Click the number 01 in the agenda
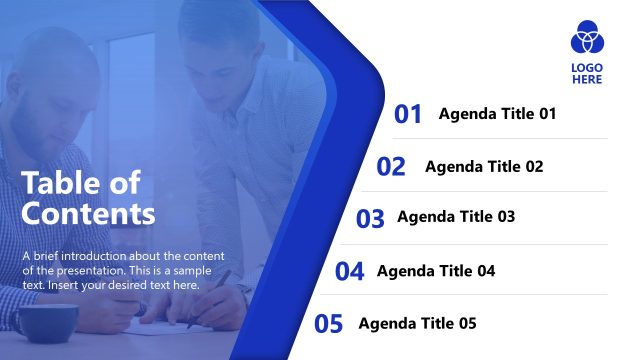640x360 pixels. point(408,114)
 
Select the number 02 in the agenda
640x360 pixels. point(391,167)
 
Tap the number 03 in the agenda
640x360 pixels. point(370,218)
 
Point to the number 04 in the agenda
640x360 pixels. point(349,271)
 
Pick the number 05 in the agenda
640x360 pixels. point(329,324)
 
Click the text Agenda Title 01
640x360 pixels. point(497,114)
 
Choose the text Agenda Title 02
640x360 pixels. point(484,167)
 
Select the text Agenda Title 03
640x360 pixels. point(456,217)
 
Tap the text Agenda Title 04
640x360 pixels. point(436,271)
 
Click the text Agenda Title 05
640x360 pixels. point(417,324)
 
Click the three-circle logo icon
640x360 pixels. point(587,38)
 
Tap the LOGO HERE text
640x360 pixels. point(587,74)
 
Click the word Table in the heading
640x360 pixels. point(57,183)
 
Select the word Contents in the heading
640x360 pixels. point(88,213)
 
